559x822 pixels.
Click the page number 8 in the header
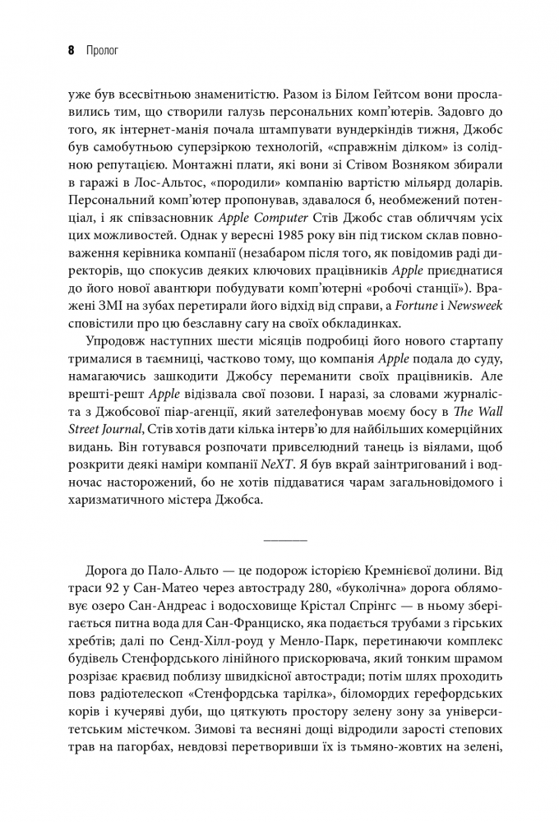pyautogui.click(x=72, y=49)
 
